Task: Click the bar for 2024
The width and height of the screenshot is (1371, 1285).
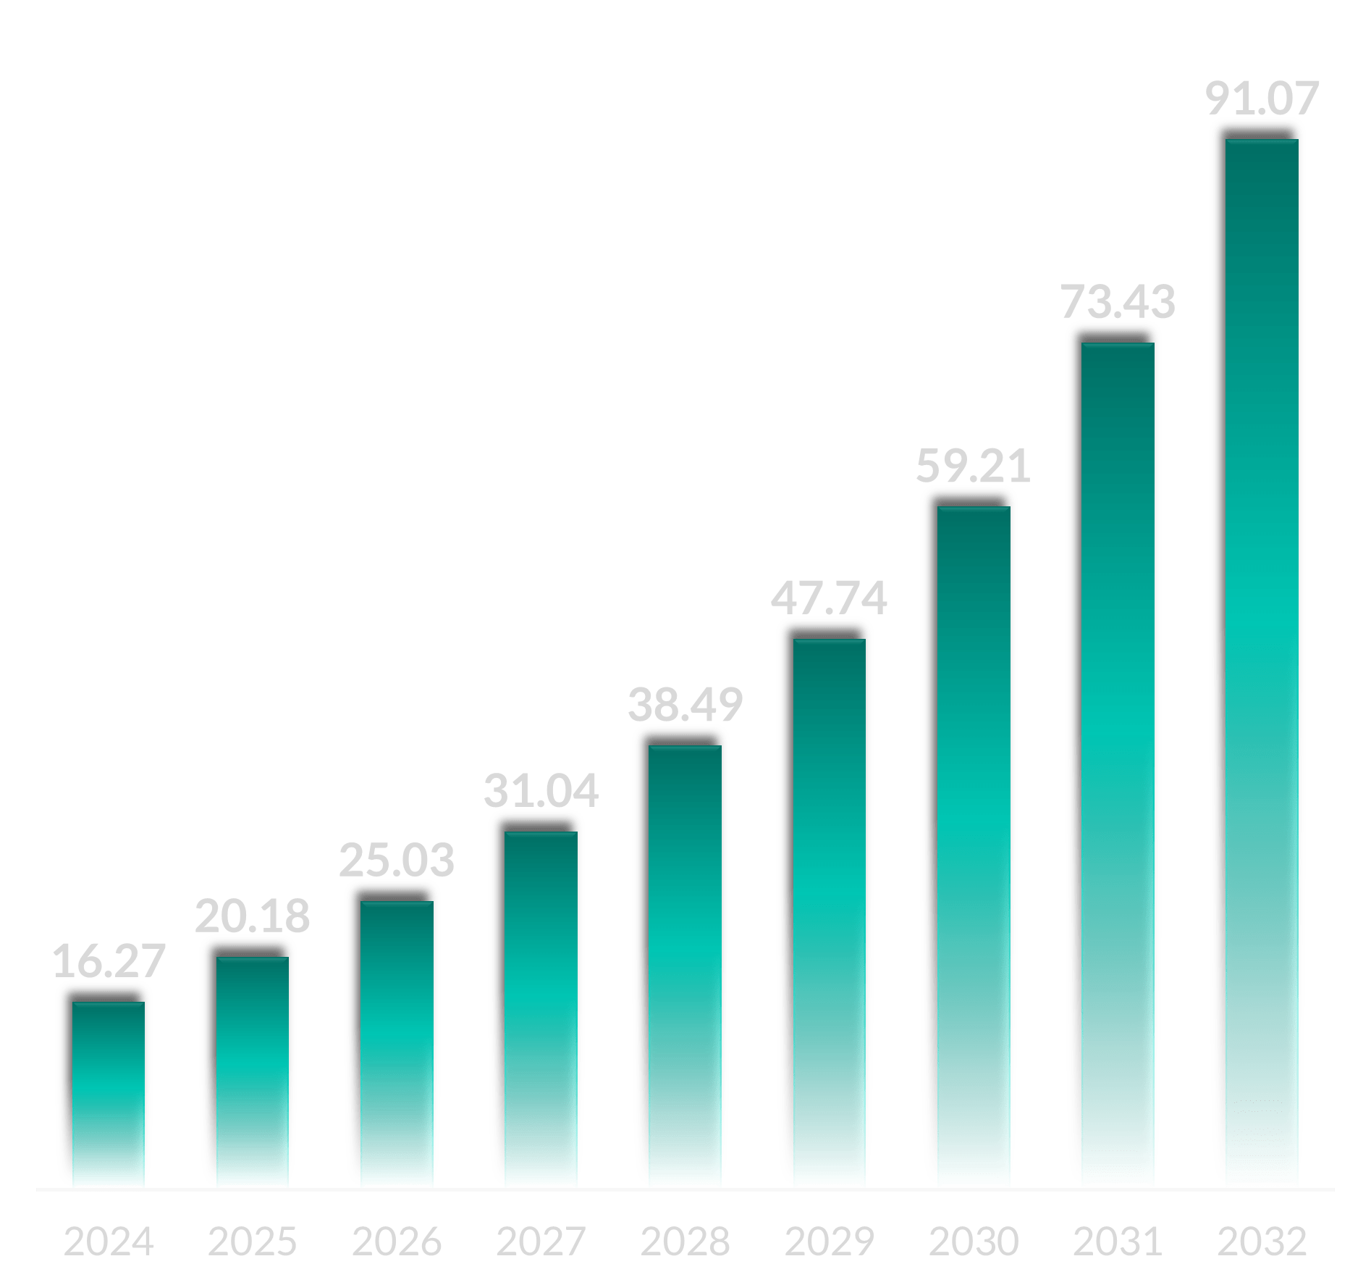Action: (109, 1094)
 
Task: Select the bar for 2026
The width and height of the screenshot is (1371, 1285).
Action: (397, 1043)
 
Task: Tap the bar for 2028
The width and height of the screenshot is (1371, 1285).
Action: (685, 963)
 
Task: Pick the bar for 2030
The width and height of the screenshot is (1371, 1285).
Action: (974, 847)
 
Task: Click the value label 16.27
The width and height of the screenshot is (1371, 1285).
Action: (109, 961)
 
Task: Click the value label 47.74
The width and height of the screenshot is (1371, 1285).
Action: (829, 598)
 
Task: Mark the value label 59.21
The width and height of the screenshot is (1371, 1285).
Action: (973, 466)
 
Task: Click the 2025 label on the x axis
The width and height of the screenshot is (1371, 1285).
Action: (252, 1241)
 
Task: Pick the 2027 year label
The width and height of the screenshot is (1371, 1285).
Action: (541, 1241)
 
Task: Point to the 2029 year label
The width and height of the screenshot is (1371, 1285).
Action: (829, 1241)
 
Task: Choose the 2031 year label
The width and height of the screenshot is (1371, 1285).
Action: (1118, 1241)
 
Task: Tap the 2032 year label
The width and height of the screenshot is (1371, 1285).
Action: (1262, 1241)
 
